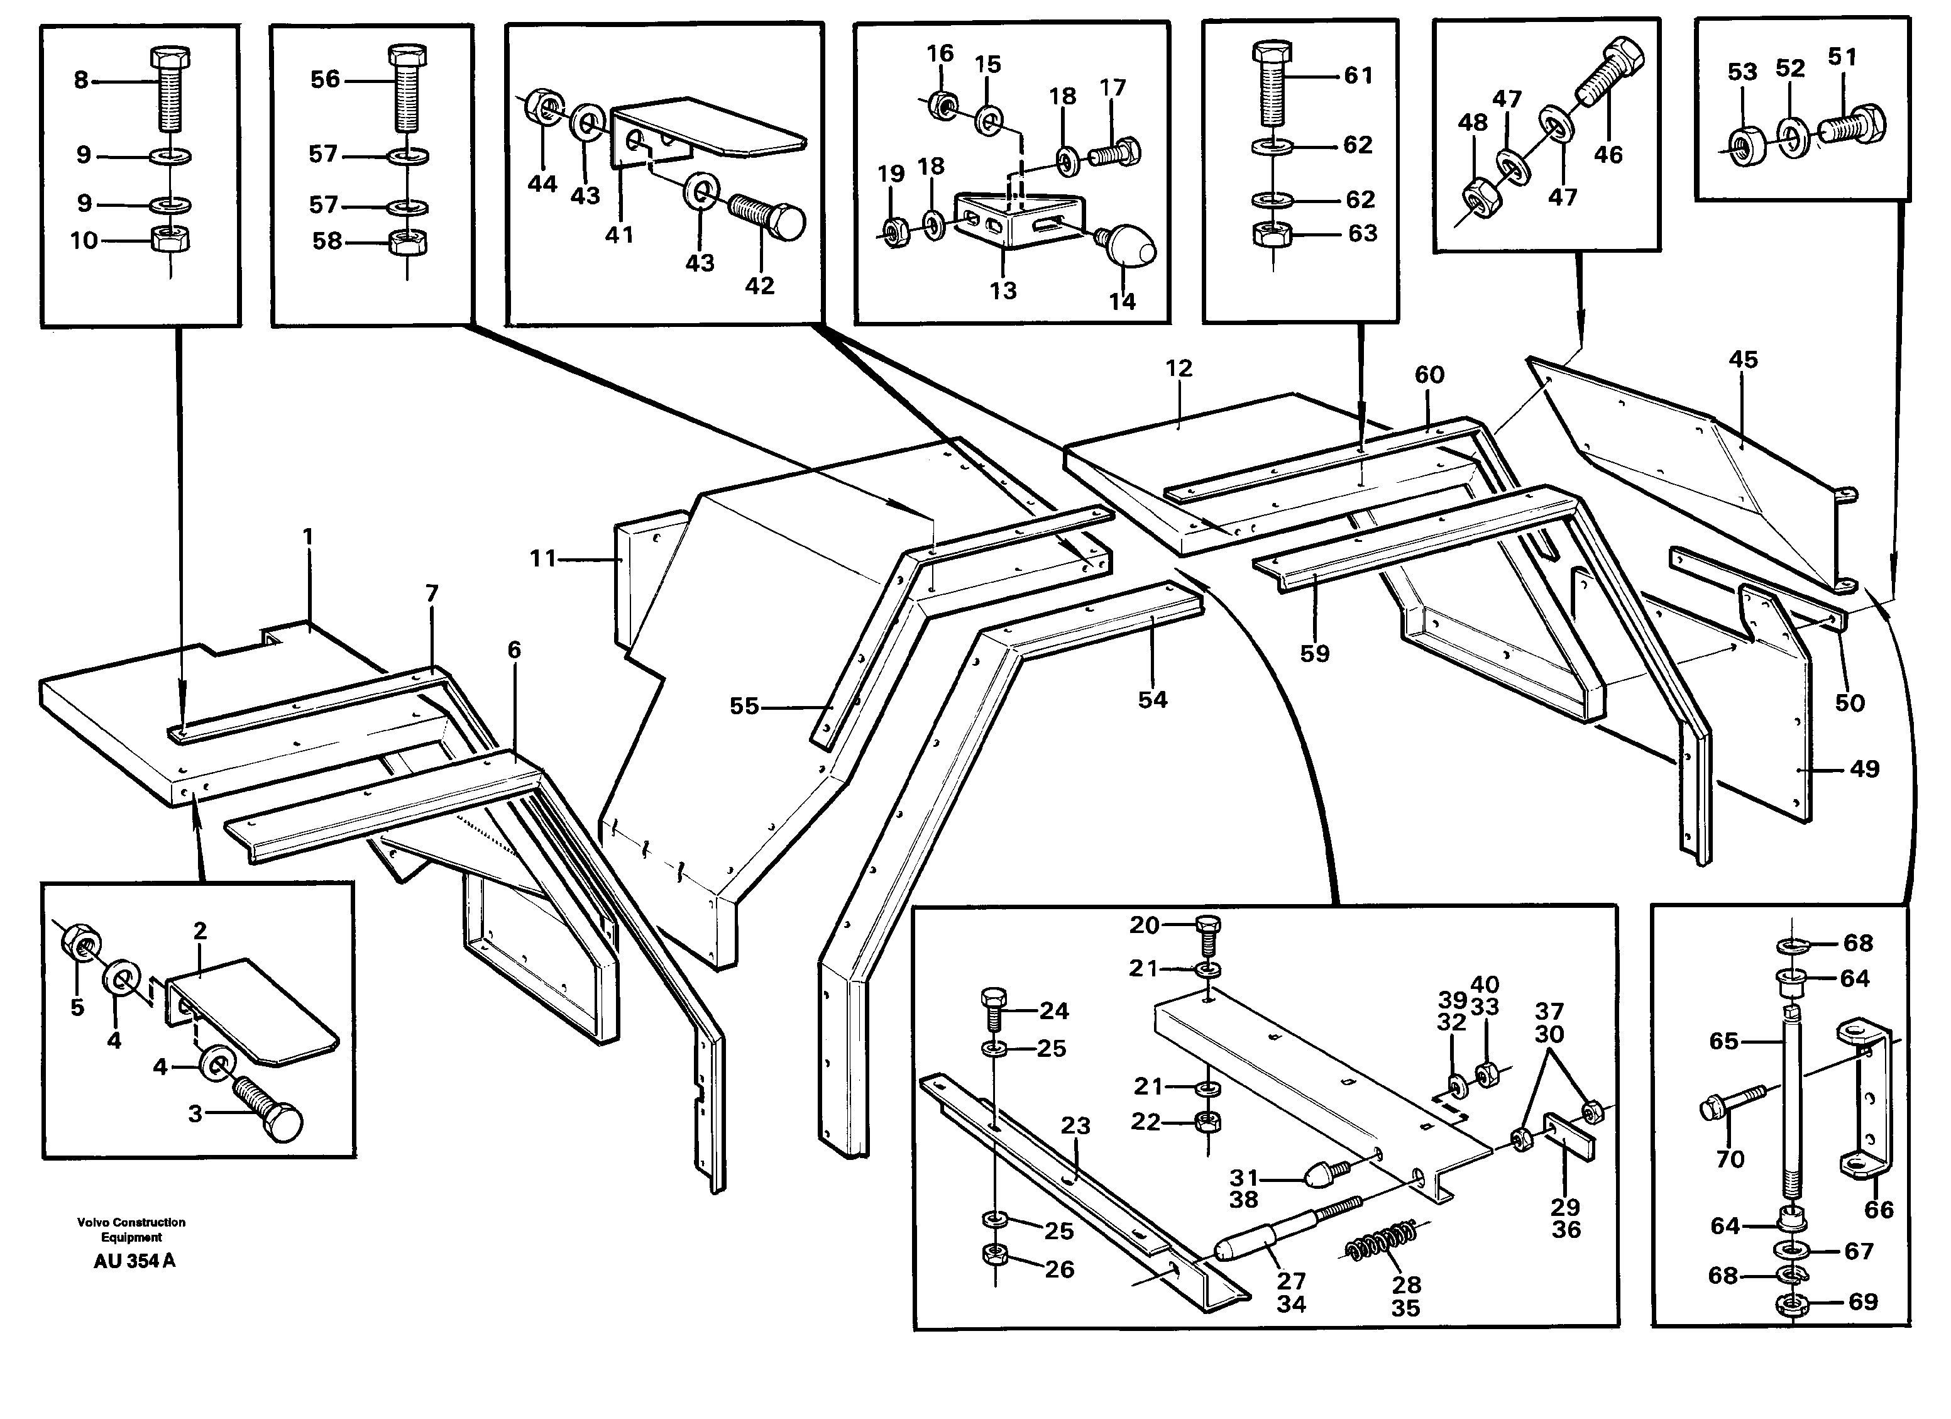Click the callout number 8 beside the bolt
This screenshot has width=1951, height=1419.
point(81,80)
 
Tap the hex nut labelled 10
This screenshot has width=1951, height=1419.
point(170,240)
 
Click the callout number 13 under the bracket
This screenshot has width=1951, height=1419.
point(1003,291)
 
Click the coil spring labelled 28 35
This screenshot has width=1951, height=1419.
point(1384,1244)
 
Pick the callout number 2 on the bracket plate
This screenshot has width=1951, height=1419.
point(201,930)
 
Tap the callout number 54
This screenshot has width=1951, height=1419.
point(1153,700)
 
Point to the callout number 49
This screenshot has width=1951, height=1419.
point(1864,768)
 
